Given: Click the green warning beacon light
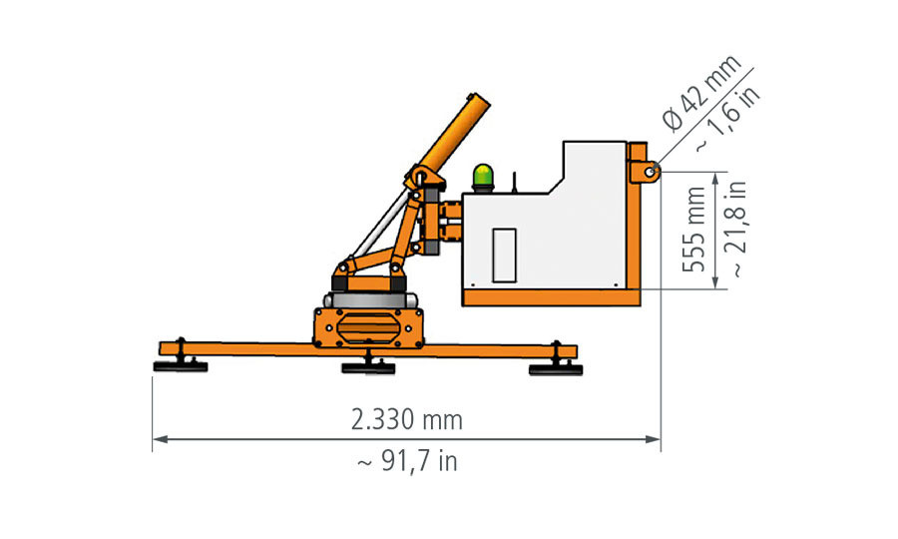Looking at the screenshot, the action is (x=483, y=177).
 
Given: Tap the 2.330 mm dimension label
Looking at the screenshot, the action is (x=407, y=420).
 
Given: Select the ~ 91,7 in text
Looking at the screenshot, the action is (x=407, y=461).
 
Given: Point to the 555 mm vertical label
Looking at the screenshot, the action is (x=694, y=230).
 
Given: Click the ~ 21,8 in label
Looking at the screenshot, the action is (x=736, y=230).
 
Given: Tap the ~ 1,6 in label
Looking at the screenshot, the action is (x=728, y=119).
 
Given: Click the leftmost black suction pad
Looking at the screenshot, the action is (x=181, y=366).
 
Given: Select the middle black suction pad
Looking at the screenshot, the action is (x=368, y=368).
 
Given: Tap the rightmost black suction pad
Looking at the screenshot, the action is (x=556, y=370).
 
